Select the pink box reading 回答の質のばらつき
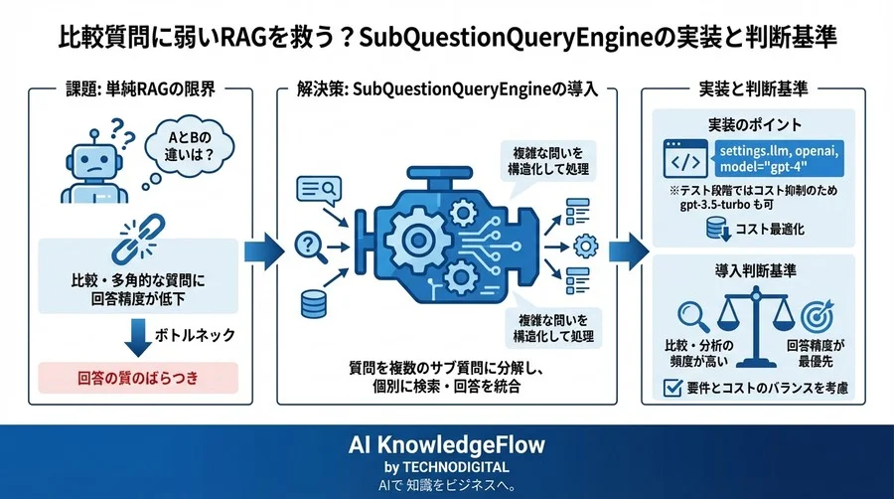tap(137, 378)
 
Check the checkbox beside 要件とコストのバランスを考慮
tap(669, 386)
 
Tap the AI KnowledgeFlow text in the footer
tap(446, 443)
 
